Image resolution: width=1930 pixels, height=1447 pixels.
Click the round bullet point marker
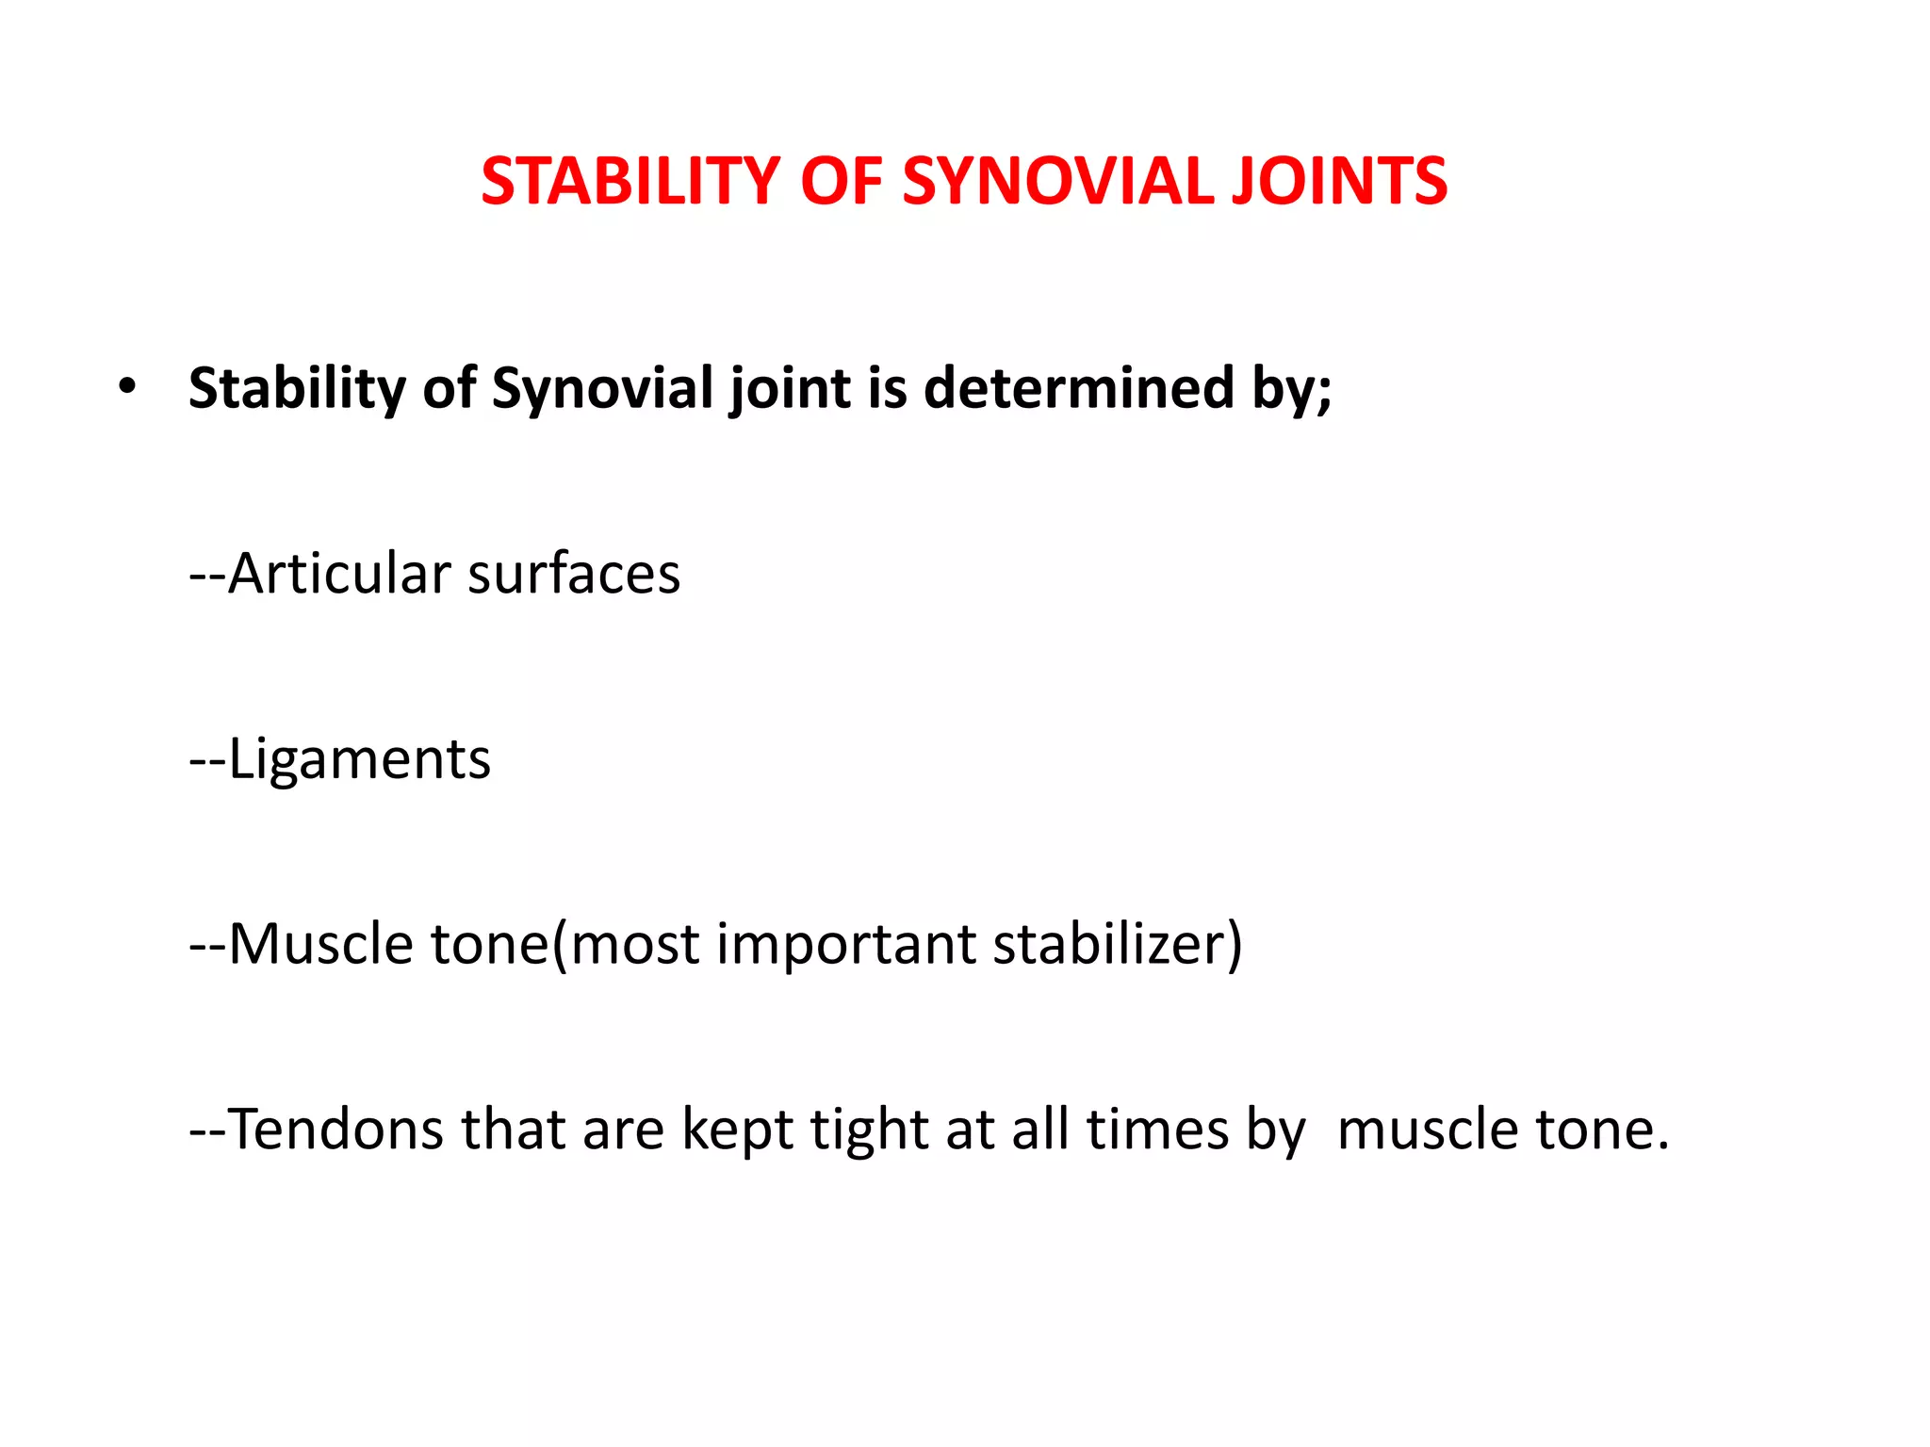pyautogui.click(x=127, y=386)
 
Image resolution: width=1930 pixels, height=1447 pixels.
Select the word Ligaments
pyautogui.click(x=359, y=758)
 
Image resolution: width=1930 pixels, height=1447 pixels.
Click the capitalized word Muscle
pyautogui.click(x=320, y=944)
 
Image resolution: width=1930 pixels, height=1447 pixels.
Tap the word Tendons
pyautogui.click(x=335, y=1129)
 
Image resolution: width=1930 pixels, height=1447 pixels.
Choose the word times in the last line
pyautogui.click(x=1157, y=1129)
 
